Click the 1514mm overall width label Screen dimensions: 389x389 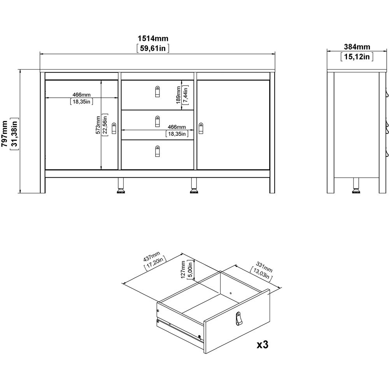tap(153, 38)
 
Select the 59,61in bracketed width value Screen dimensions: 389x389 tap(153, 48)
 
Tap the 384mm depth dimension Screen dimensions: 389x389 tap(357, 47)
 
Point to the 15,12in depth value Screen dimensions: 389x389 tap(357, 57)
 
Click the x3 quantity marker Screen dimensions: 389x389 tap(263, 344)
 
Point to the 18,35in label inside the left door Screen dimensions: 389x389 tap(81, 102)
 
